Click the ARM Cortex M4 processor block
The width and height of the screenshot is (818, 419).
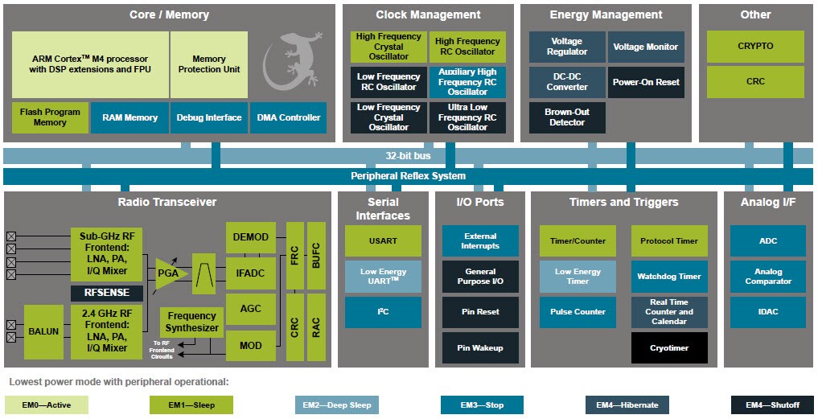point(90,64)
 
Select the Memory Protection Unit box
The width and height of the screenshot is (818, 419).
point(208,64)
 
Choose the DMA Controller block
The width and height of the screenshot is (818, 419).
point(288,117)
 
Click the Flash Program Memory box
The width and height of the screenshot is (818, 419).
point(50,117)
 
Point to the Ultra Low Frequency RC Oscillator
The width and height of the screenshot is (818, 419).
point(467,117)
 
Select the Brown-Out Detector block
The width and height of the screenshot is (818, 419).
point(566,117)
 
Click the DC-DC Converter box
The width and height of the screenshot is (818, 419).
point(566,82)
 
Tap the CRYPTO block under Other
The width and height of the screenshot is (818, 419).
point(754,47)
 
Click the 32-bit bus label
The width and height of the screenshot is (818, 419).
point(408,156)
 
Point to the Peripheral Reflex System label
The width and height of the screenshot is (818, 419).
point(408,176)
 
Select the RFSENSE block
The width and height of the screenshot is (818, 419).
point(106,293)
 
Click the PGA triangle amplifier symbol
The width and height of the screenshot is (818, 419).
point(170,273)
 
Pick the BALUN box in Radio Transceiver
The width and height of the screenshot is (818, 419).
point(43,331)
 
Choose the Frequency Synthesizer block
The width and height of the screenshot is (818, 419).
point(191,322)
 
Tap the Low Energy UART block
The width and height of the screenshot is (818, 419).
point(383,276)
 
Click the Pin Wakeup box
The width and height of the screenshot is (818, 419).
point(480,347)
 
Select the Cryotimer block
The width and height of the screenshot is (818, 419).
point(669,347)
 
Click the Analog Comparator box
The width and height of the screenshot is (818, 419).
point(767,276)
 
